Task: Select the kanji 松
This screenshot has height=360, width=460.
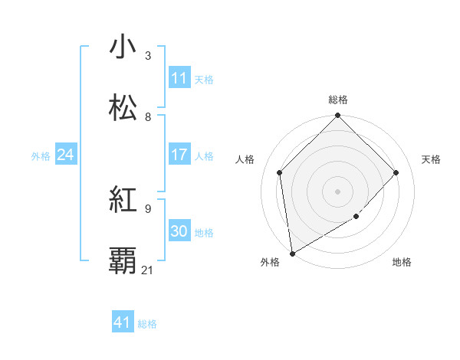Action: tap(123, 108)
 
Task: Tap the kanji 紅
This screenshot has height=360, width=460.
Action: tap(123, 201)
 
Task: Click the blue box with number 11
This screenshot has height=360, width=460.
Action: tap(179, 78)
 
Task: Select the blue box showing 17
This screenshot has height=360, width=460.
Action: tap(179, 155)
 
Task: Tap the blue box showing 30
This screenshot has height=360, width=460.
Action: tap(179, 231)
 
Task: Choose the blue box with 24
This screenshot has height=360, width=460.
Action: tap(66, 155)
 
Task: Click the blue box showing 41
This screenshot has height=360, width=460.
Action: tap(123, 322)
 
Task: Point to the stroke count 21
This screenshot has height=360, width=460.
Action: tap(148, 270)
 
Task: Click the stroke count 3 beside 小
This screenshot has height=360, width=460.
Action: tap(148, 55)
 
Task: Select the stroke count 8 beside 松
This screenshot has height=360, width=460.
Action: tap(148, 116)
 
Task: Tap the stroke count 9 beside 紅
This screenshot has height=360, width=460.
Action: tap(148, 208)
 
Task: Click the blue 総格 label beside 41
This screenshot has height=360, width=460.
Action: tap(147, 324)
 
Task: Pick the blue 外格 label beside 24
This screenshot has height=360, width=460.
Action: tap(41, 156)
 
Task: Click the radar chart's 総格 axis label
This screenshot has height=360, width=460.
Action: tap(338, 100)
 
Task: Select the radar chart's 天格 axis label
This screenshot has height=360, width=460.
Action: tap(432, 159)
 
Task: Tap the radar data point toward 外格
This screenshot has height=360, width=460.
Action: tap(292, 253)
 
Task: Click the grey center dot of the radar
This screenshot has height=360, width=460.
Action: tap(338, 191)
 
